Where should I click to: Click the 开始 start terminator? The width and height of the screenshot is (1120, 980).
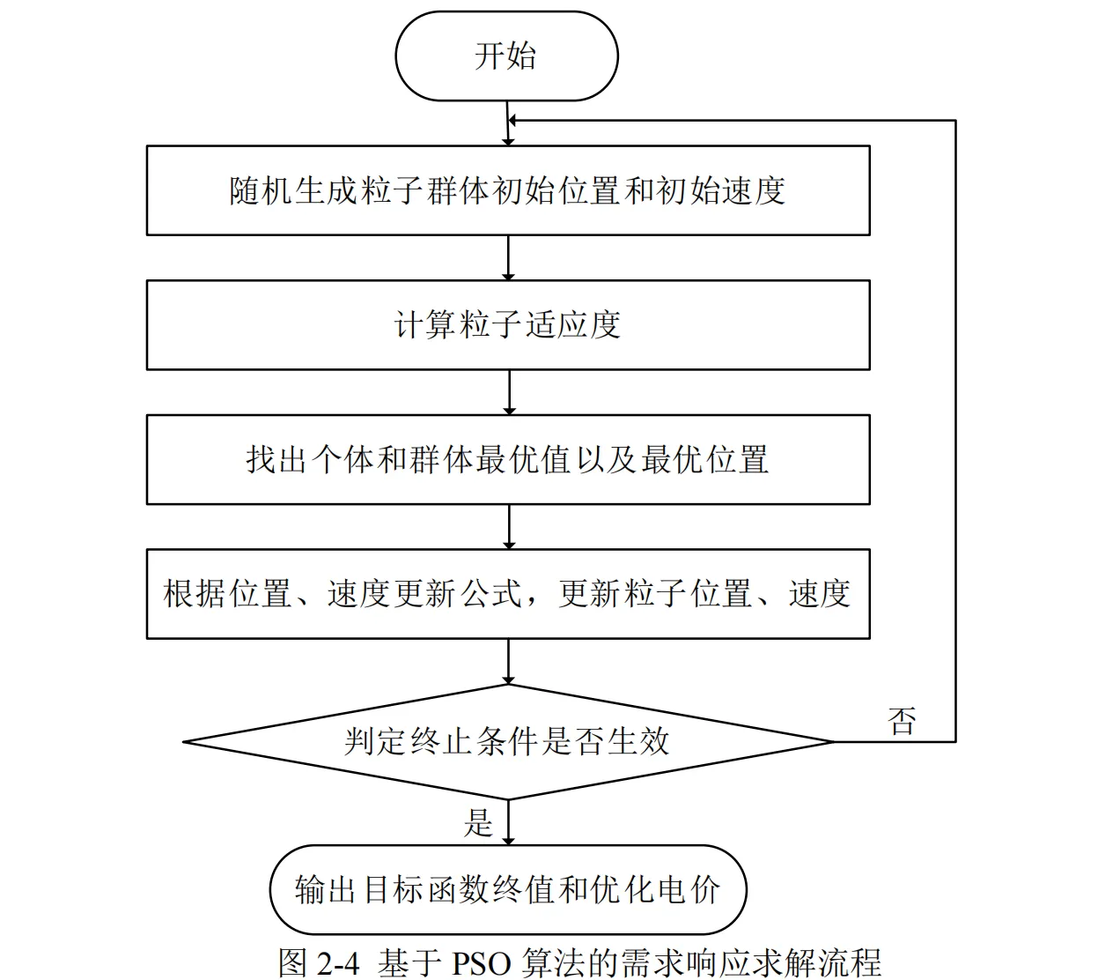coord(506,56)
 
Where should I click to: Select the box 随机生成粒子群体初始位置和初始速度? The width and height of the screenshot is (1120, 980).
coord(508,190)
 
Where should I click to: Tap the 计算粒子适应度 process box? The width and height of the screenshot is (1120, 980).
coord(508,325)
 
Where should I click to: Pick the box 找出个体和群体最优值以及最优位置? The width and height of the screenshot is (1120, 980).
coord(508,460)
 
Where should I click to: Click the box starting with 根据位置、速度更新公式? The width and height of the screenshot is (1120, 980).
coord(508,594)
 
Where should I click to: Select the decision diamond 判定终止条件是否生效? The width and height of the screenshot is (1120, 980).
coord(508,741)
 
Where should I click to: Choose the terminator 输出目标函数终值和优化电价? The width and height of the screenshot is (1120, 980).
coord(508,889)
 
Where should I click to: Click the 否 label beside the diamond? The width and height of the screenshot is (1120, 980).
coord(903,721)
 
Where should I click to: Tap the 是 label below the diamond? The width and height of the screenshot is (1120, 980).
coord(478,822)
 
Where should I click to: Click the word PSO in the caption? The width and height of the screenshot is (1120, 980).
coord(482,962)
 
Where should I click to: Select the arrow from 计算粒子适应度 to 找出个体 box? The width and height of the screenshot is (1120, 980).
coord(509,392)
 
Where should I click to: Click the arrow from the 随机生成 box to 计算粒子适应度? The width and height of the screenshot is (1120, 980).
coord(509,257)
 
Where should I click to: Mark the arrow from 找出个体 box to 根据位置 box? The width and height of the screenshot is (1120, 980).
coord(509,526)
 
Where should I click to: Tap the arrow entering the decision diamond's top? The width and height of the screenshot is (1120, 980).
coord(509,661)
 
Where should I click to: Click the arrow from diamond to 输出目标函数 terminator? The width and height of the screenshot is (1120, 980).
coord(509,822)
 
